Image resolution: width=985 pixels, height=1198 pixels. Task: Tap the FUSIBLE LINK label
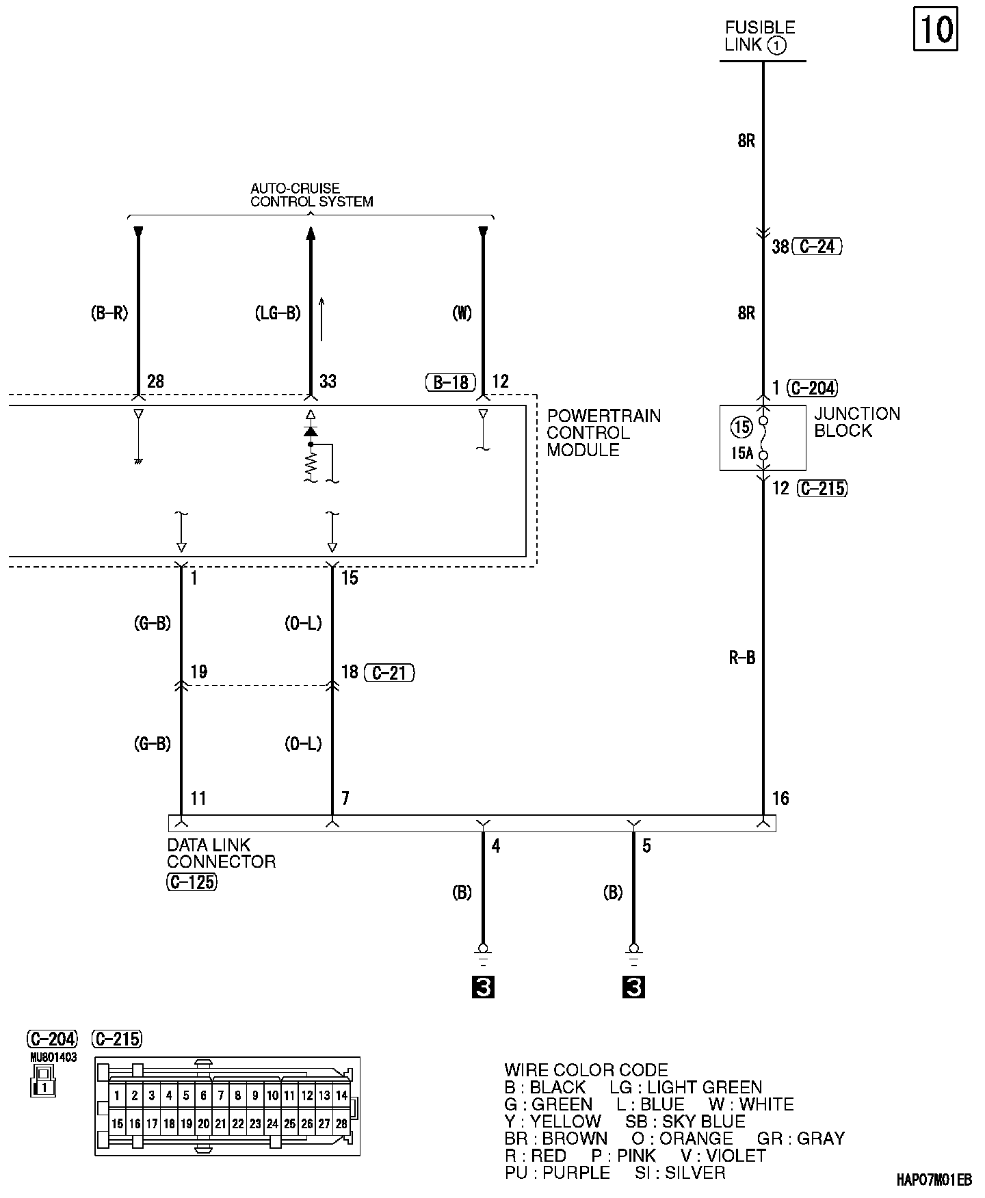click(759, 37)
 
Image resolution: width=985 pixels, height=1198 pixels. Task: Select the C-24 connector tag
click(817, 247)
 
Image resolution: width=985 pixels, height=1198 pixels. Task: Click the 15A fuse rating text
click(741, 452)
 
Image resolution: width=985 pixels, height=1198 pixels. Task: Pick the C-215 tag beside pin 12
click(822, 488)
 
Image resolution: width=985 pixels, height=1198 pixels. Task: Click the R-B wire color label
click(741, 658)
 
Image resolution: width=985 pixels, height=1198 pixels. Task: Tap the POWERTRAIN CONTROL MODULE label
click(603, 433)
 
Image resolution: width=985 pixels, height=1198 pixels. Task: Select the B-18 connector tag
click(450, 382)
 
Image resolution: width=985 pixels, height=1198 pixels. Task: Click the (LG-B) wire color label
click(277, 313)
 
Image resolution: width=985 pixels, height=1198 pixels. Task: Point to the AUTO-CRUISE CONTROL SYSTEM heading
click(311, 195)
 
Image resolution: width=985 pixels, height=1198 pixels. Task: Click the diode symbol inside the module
click(311, 431)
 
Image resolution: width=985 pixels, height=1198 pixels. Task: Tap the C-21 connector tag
click(389, 673)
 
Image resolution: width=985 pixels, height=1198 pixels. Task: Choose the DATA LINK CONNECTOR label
click(220, 853)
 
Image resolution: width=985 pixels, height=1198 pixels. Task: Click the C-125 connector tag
click(191, 882)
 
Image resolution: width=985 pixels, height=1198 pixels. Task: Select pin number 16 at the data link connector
click(780, 798)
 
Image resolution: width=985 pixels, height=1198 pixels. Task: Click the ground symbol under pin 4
click(483, 952)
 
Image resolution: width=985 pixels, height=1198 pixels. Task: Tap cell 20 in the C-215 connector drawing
click(203, 1123)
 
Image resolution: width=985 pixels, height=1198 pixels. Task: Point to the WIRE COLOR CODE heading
click(586, 1070)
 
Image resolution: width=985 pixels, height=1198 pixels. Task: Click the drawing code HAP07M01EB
click(934, 1180)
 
